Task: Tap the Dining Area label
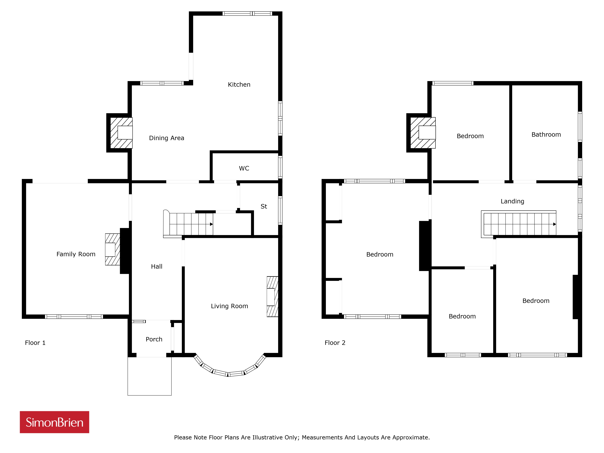coord(167,138)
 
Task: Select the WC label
coord(244,169)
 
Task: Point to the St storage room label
coord(264,206)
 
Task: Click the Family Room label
coord(76,254)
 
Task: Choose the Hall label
coord(157,267)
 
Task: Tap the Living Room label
coord(229,306)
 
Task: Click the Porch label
coord(154,339)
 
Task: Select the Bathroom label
coord(546,135)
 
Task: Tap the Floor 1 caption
coord(35,343)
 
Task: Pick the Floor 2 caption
coord(335,343)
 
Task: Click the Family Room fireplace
coord(112,249)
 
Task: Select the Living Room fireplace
coord(272,297)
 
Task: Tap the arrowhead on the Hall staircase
coord(211,224)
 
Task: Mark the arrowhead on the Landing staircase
coord(555,224)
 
